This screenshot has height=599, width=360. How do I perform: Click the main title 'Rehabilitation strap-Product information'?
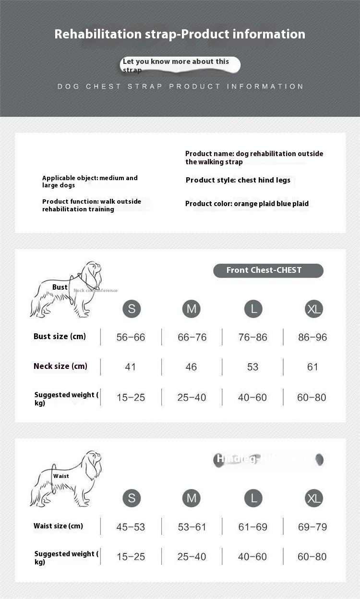click(180, 34)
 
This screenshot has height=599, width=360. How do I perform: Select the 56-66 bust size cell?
click(131, 337)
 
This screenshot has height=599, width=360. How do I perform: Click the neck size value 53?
click(252, 367)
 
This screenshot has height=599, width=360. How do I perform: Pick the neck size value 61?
click(312, 367)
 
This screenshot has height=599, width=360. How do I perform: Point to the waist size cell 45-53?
click(131, 527)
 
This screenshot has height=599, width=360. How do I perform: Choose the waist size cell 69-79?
click(312, 527)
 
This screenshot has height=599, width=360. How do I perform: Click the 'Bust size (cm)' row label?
click(60, 336)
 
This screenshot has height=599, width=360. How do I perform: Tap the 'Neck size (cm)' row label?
click(60, 366)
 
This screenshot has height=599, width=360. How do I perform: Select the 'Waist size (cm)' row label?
click(58, 526)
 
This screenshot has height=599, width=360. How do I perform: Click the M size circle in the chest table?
click(191, 308)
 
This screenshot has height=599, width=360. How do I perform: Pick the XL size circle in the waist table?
click(314, 498)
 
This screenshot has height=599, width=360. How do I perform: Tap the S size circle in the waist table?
click(132, 498)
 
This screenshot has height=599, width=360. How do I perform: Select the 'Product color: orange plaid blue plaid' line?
click(247, 204)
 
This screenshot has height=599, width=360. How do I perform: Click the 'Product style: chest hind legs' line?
click(238, 180)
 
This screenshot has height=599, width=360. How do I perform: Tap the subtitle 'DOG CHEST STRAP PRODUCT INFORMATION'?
click(180, 86)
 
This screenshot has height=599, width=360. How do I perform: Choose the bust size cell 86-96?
click(312, 337)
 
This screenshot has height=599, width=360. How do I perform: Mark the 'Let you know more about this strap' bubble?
click(180, 65)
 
